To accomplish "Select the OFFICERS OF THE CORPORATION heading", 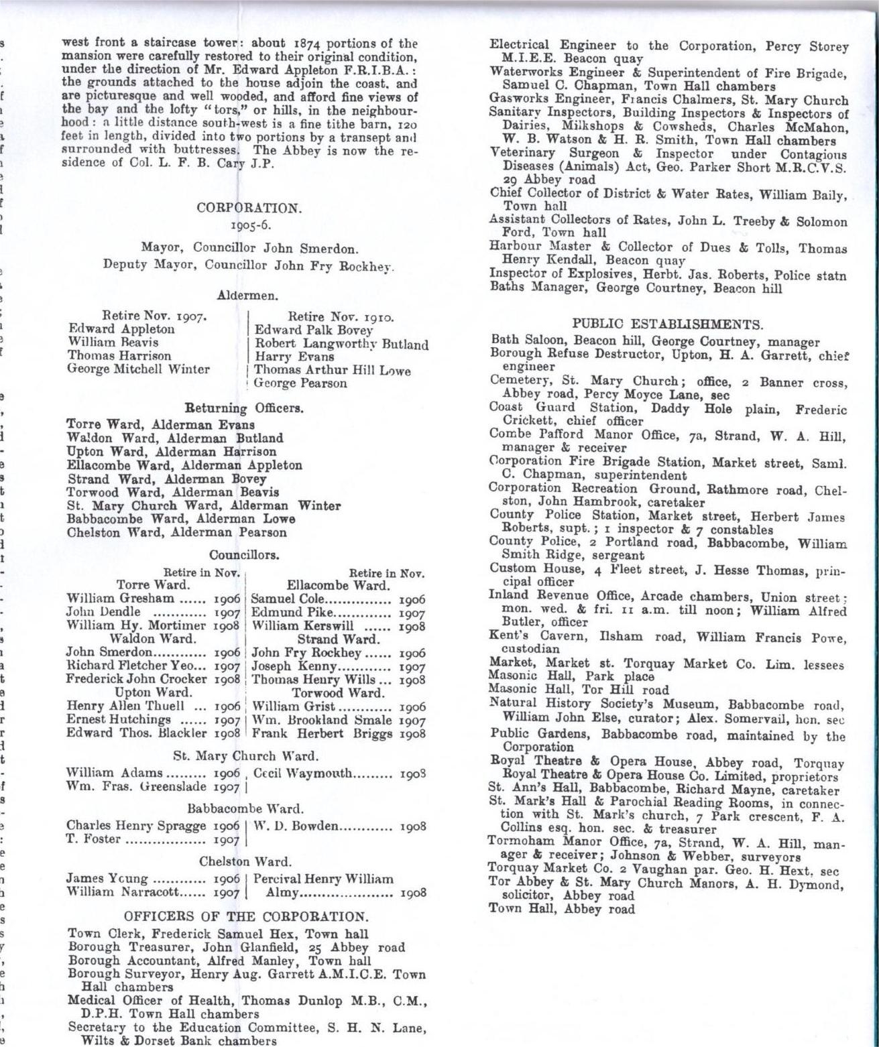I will (246, 916).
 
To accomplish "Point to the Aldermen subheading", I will (248, 295).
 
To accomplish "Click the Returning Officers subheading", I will (244, 408).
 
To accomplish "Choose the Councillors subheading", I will (243, 555).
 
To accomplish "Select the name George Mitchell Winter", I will (139, 369).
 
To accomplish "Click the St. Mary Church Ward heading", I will (245, 756).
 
